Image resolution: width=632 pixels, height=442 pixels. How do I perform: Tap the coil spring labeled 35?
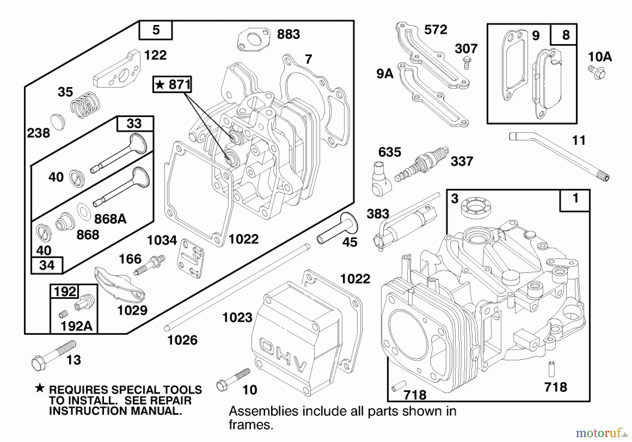coord(85,105)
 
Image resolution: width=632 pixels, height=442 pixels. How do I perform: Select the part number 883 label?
coord(288,34)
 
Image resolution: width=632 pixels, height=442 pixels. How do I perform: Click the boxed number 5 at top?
coord(156,30)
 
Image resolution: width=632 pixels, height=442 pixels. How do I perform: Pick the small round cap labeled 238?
coord(58,122)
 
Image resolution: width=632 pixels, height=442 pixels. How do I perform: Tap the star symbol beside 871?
coord(160,85)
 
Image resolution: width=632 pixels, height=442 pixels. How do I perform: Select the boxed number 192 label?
coord(65,292)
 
